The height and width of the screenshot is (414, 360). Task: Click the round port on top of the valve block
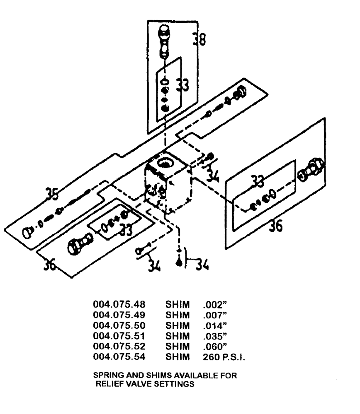(167, 161)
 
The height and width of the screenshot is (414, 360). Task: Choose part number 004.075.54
(116, 356)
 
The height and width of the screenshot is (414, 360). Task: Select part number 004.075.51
(116, 335)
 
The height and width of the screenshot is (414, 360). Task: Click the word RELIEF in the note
(109, 383)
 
